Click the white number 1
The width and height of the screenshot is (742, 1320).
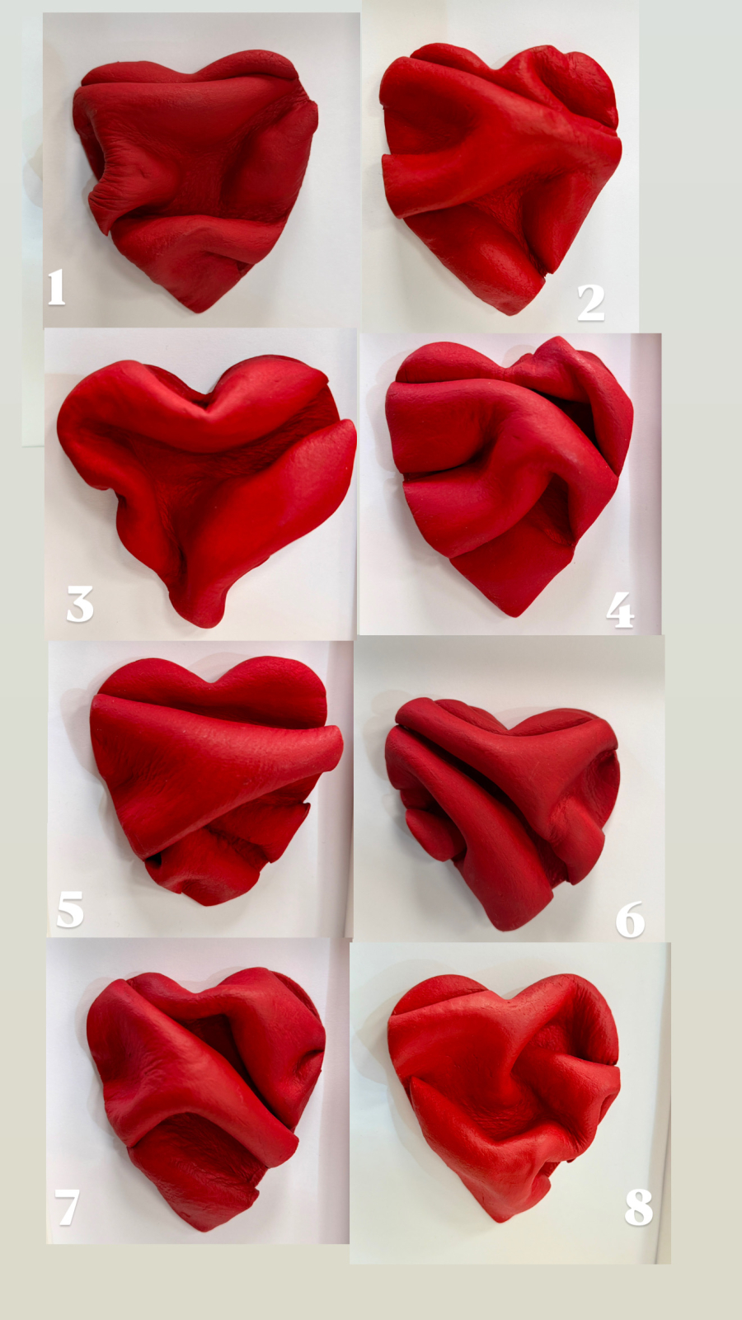point(57,287)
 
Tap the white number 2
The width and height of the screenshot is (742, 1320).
point(590,303)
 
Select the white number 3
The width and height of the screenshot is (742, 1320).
point(80,604)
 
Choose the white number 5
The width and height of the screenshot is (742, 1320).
point(70,909)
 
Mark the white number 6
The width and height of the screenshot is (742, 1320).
point(630,919)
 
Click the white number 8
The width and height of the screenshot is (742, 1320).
point(639,1207)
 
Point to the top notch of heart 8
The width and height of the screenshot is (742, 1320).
point(509,1001)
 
